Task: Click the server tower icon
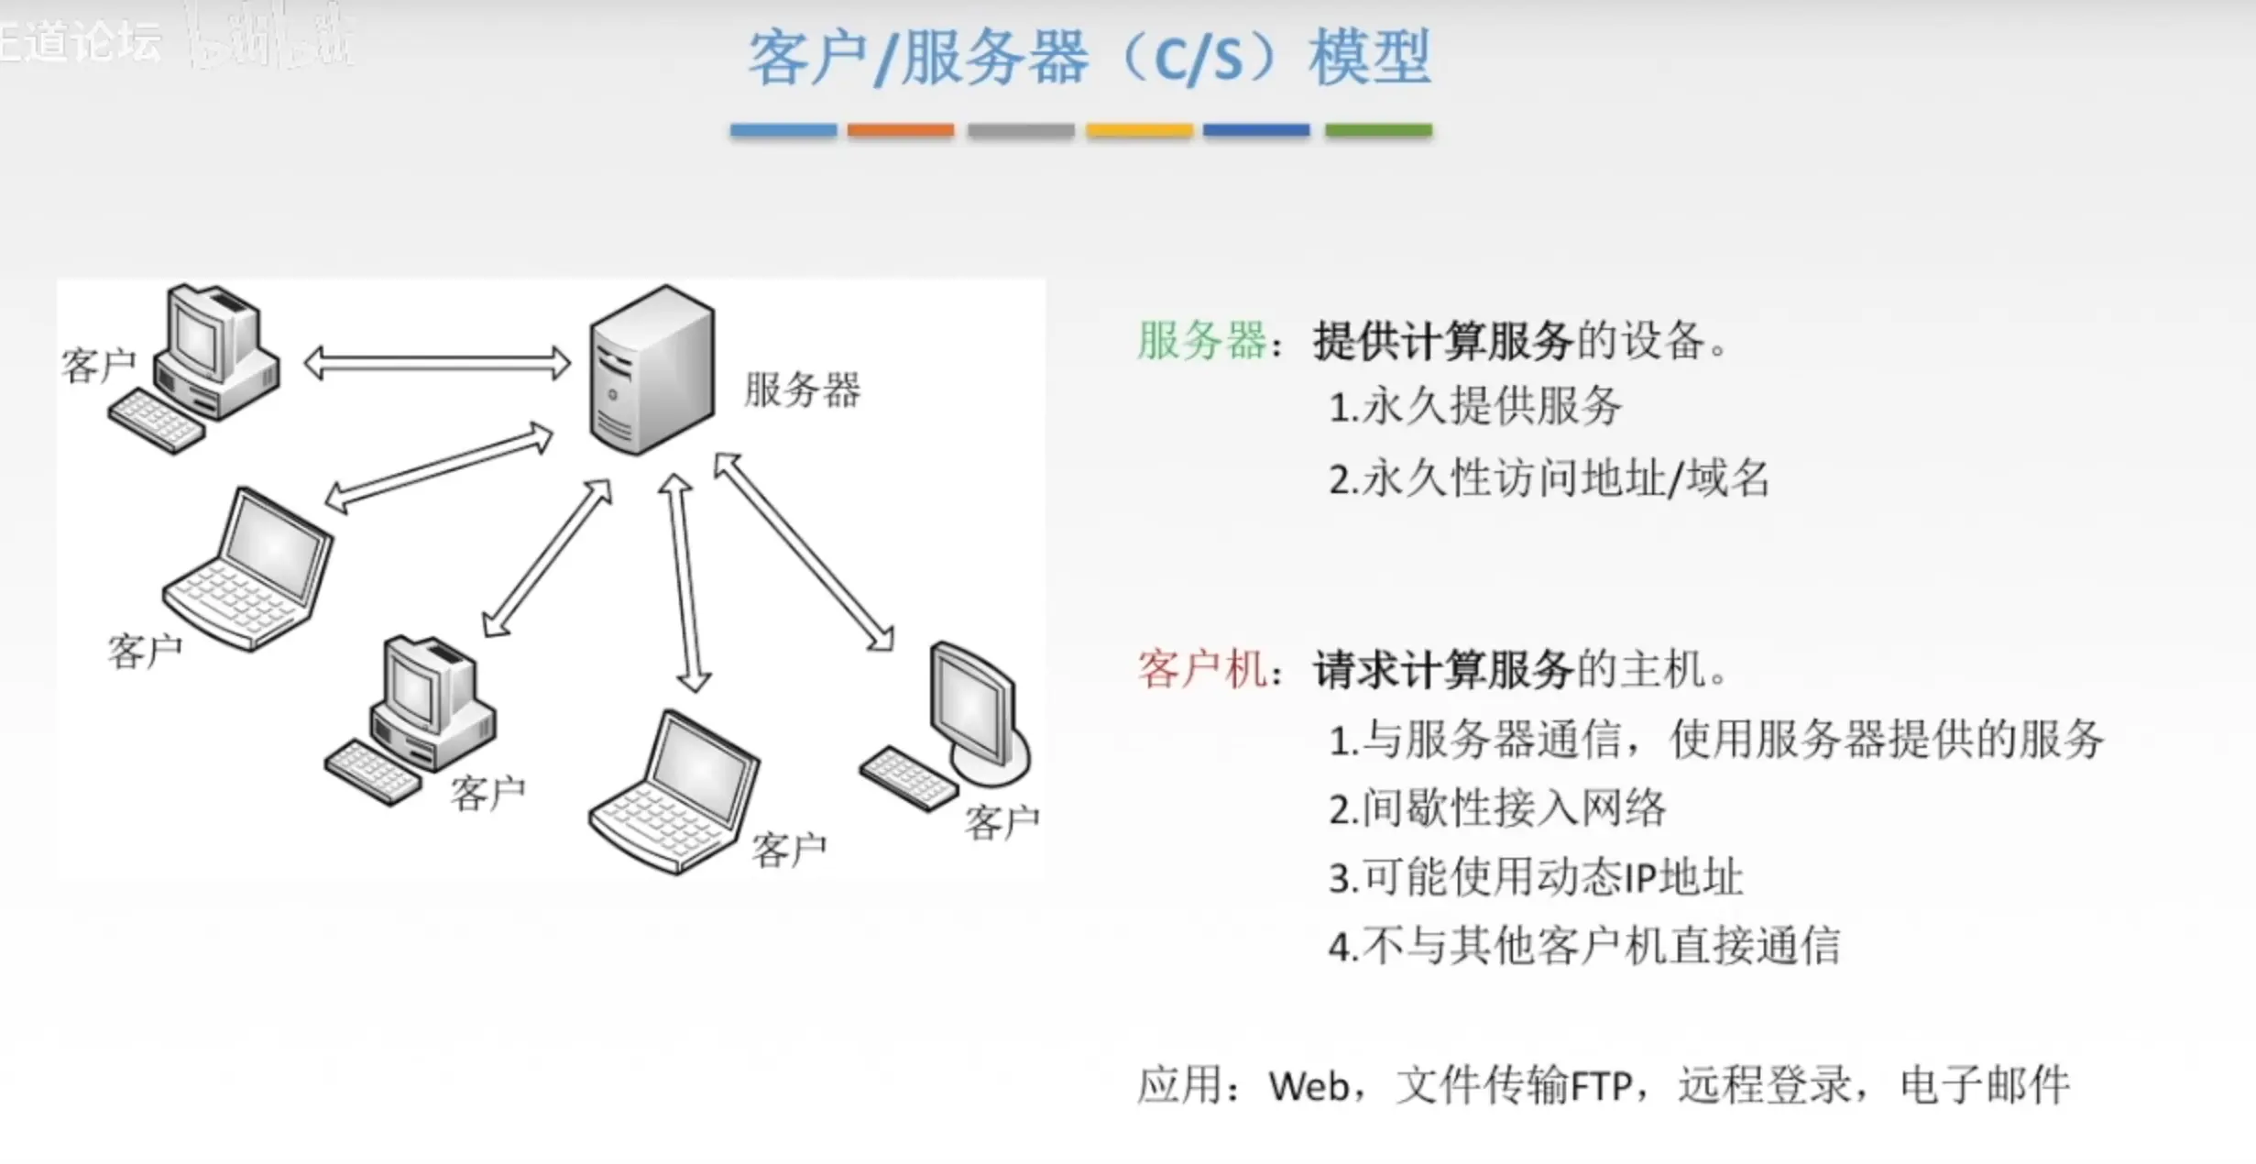[x=652, y=370]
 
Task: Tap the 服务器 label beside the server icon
[x=802, y=390]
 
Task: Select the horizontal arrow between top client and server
[x=437, y=363]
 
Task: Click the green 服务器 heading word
[x=1201, y=341]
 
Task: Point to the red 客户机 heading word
[x=1201, y=669]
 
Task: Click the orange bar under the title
[x=900, y=130]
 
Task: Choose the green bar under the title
[x=1377, y=130]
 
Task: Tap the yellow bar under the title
[x=1139, y=130]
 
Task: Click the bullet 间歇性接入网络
[x=1512, y=808]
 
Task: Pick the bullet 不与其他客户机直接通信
[x=1599, y=946]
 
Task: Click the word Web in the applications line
[x=1309, y=1087]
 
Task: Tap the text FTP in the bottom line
[x=1601, y=1087]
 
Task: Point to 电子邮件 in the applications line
[x=1984, y=1085]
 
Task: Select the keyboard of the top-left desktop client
[x=156, y=422]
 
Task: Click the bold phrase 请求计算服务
[x=1443, y=669]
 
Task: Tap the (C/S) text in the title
[x=1198, y=59]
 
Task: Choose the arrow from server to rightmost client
[x=804, y=551]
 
